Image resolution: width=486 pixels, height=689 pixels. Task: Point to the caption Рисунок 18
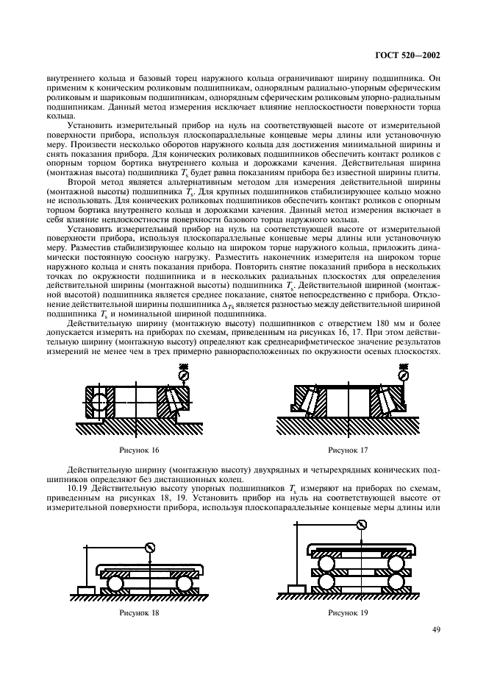[138, 612]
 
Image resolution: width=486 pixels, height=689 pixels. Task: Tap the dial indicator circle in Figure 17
[404, 375]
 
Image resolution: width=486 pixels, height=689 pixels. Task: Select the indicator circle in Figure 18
[150, 547]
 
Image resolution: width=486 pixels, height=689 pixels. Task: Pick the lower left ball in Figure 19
[327, 582]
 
